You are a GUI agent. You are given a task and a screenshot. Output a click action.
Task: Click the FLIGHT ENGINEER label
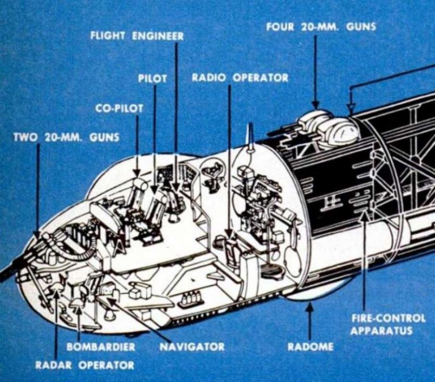tap(137, 36)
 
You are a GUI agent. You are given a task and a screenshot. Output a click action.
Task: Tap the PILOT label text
tap(152, 79)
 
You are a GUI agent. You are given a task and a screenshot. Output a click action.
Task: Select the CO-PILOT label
tap(120, 108)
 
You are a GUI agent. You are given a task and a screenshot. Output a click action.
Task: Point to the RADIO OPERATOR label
tap(240, 78)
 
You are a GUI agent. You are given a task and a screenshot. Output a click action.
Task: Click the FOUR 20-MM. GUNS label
tap(321, 27)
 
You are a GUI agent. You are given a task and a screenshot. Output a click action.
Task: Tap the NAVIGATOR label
tap(191, 346)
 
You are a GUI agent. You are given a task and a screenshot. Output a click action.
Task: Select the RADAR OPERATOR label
tap(85, 365)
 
